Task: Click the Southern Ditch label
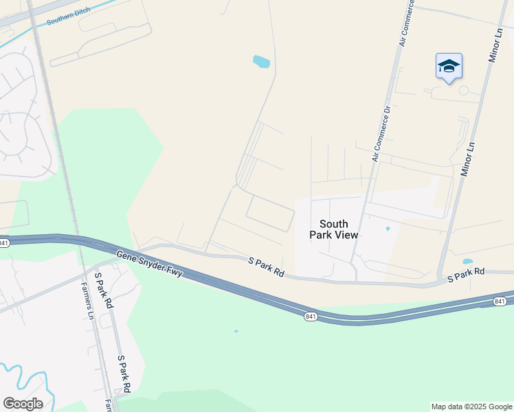point(69,18)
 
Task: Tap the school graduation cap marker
point(449,67)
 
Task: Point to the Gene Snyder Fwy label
point(149,264)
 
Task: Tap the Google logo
point(23,404)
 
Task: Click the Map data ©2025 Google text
point(472,407)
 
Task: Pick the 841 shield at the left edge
point(4,243)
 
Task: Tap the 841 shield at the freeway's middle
point(311,315)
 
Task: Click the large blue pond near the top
point(261,62)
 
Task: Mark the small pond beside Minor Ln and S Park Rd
point(467,262)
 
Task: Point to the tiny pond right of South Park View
point(388,229)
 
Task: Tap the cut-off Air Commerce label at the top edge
point(407,24)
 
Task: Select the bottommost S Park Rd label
point(124,374)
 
